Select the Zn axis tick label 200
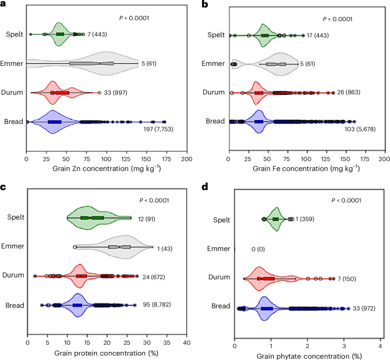186,160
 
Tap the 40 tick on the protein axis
186,344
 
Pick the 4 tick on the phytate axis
380,344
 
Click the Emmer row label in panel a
12,64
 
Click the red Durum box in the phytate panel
266,279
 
